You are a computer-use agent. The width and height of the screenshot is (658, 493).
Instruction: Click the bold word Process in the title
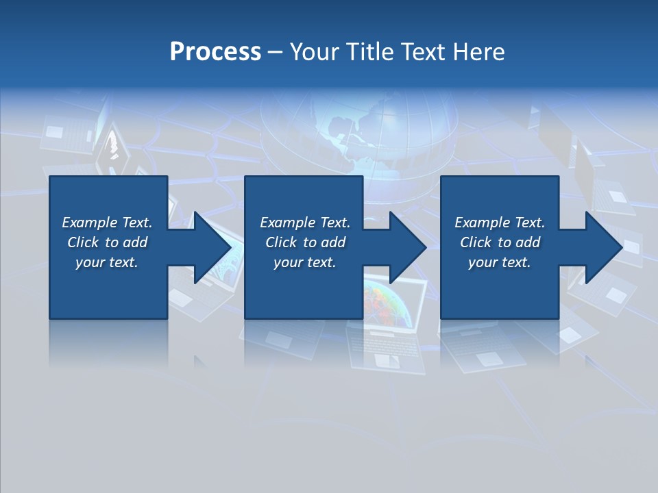coord(215,52)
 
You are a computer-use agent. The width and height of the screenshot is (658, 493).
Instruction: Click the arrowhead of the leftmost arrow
coord(212,247)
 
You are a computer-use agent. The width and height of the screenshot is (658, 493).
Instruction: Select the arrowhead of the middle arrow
coord(408,247)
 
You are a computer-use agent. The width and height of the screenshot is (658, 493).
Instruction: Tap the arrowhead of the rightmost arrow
coord(604,247)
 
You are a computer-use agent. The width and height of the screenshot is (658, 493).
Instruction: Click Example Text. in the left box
coord(107,223)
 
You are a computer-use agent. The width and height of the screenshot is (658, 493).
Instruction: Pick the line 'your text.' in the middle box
coord(304,262)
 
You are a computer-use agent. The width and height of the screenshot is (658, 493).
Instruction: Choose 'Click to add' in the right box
coord(500,242)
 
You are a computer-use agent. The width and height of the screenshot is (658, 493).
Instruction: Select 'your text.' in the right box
coord(500,262)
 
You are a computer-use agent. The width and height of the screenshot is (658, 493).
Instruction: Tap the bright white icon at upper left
coord(112,148)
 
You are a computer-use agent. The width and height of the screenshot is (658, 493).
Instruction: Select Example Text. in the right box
coord(500,223)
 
